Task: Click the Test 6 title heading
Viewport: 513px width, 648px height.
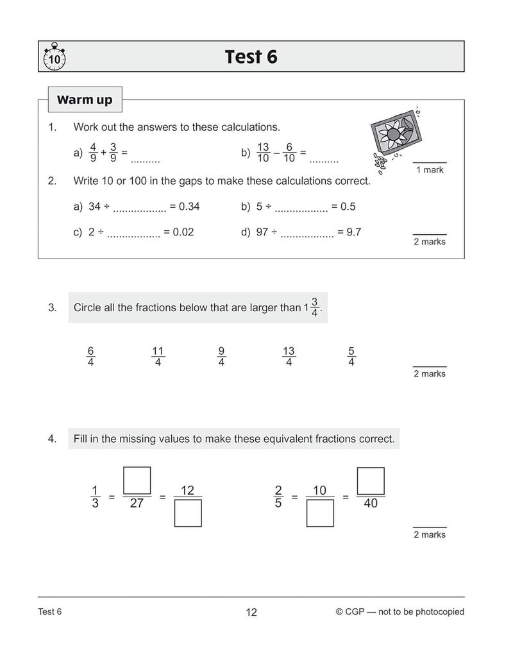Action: click(x=251, y=56)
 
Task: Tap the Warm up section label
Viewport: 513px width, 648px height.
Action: click(x=85, y=99)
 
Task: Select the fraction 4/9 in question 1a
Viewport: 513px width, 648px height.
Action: click(x=93, y=153)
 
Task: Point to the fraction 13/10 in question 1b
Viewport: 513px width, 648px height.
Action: click(x=263, y=153)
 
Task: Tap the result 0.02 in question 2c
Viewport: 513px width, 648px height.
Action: click(x=183, y=232)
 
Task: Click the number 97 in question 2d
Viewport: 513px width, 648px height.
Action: click(x=262, y=232)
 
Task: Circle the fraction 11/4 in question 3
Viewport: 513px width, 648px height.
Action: click(x=158, y=356)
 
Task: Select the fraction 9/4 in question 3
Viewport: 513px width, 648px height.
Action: click(x=221, y=356)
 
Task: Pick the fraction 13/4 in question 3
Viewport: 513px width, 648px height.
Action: click(x=289, y=356)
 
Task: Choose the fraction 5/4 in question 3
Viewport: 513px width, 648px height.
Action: click(x=351, y=356)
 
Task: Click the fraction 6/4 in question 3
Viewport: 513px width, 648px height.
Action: click(x=91, y=356)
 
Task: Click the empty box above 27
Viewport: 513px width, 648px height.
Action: click(x=137, y=481)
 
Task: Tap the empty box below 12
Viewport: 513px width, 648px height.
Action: click(x=188, y=513)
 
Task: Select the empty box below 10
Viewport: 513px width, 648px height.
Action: click(x=320, y=513)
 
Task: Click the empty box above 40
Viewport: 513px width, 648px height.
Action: click(x=371, y=481)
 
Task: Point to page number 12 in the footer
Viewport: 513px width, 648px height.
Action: click(x=251, y=612)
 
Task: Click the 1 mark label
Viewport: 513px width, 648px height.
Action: click(x=430, y=170)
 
